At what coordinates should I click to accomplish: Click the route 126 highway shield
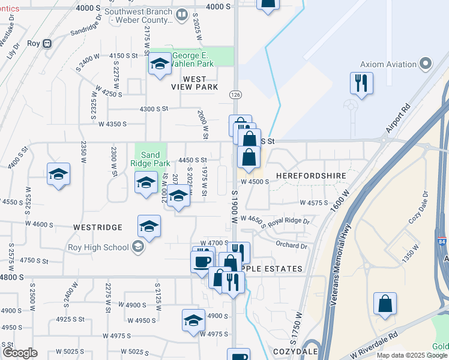[x=235, y=95]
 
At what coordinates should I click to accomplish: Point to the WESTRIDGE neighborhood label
[x=98, y=228]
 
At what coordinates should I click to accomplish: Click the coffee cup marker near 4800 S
[x=201, y=261]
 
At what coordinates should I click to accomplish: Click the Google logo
[x=20, y=353]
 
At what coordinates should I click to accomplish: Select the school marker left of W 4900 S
[x=193, y=320]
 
